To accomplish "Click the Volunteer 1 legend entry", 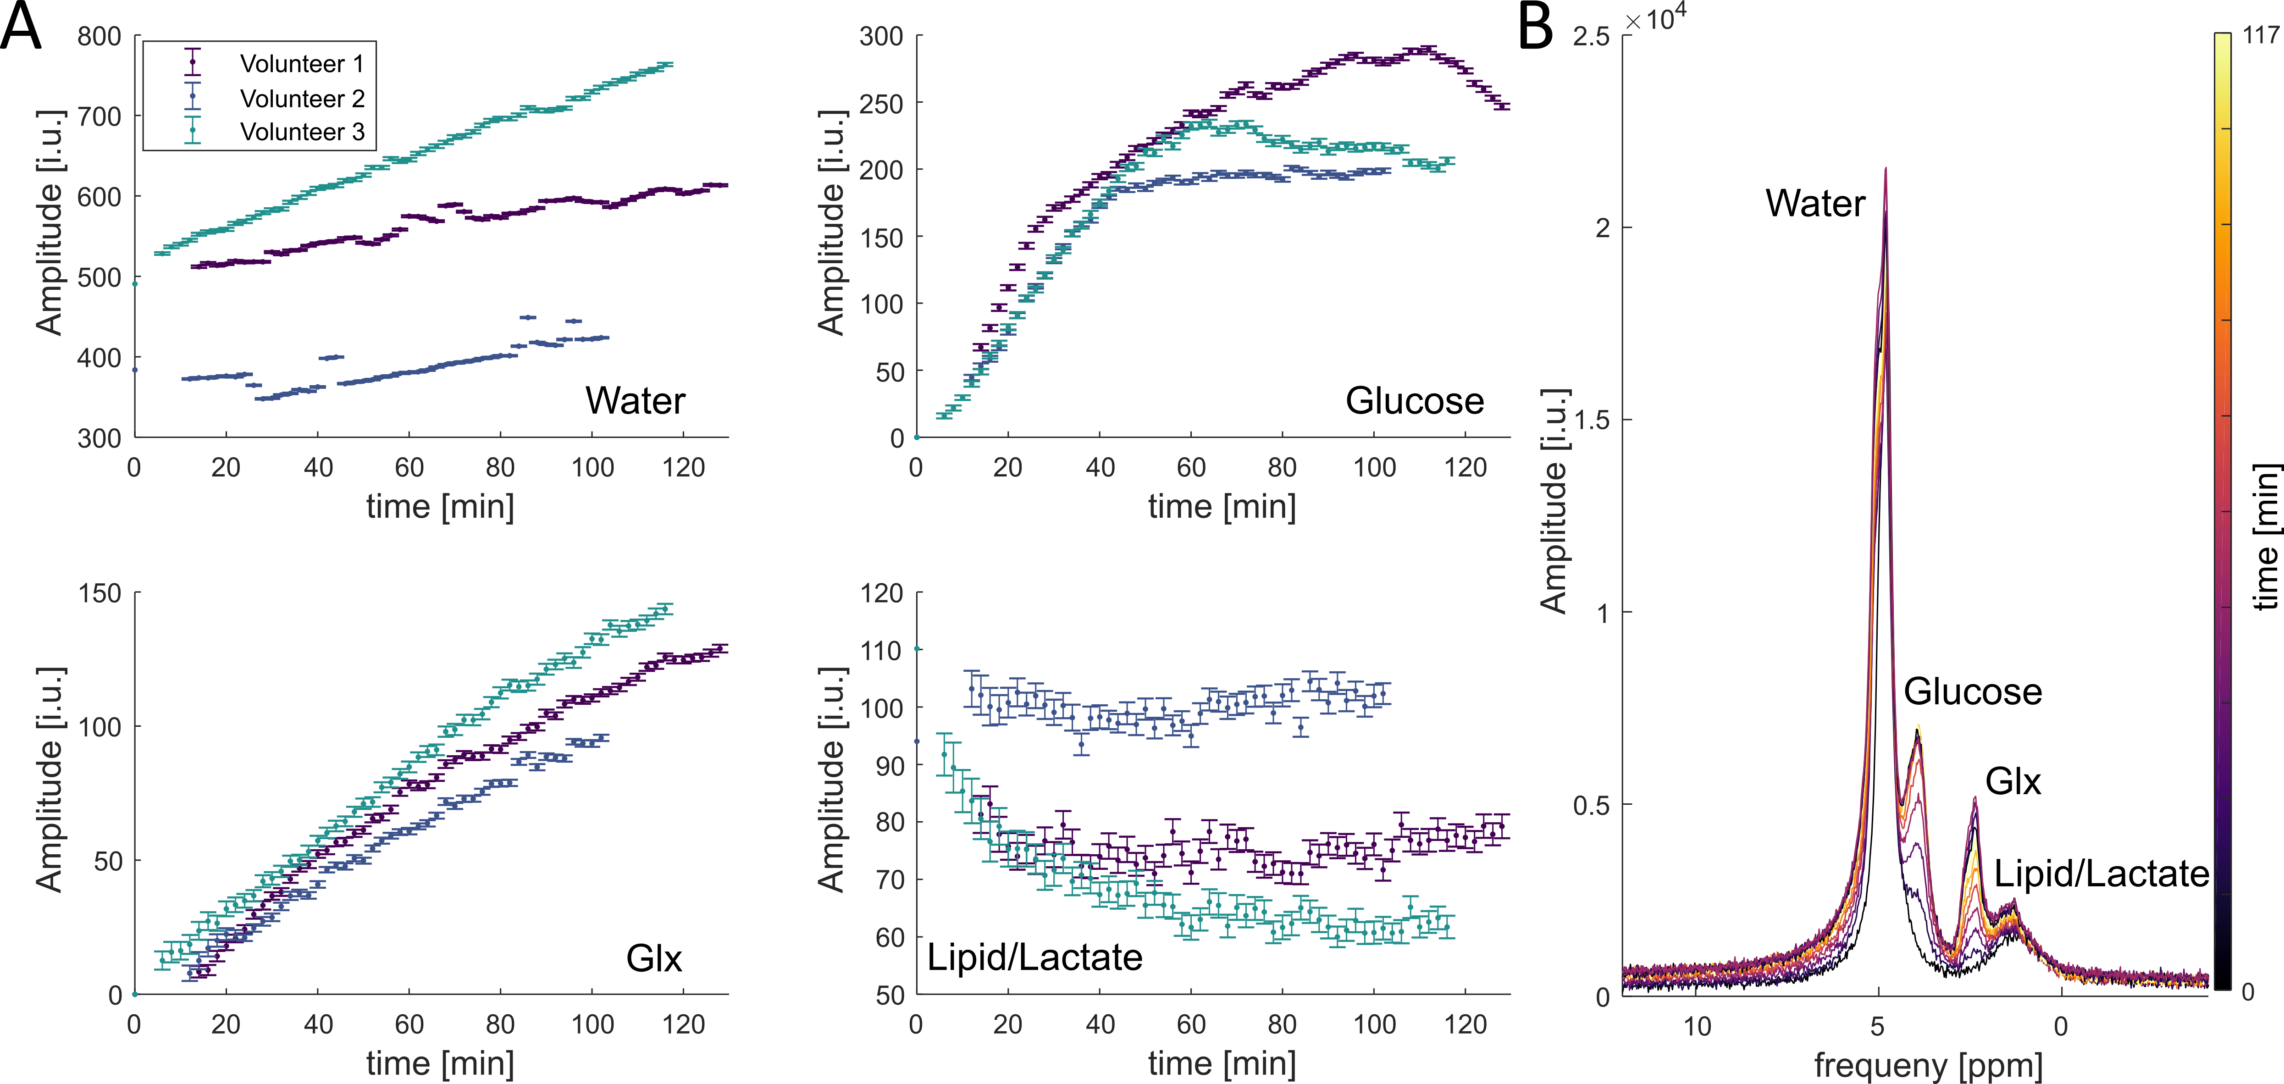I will pyautogui.click(x=301, y=64).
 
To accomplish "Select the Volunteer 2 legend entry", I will pyautogui.click(x=301, y=99).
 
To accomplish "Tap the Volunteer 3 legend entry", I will pyautogui.click(x=301, y=132).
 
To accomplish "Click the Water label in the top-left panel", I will pyautogui.click(x=635, y=401).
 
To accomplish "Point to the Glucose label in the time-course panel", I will pyautogui.click(x=1414, y=401).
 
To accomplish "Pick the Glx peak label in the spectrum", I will pyautogui.click(x=2013, y=781).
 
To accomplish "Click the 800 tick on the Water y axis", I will pyautogui.click(x=99, y=36).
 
